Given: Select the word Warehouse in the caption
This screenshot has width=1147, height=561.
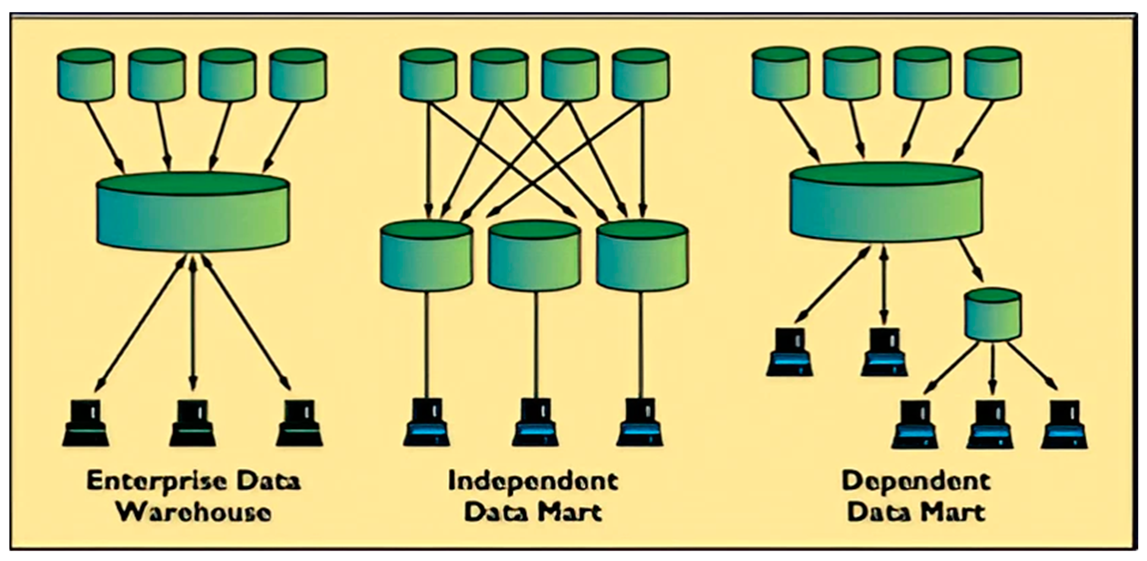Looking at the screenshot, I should (195, 513).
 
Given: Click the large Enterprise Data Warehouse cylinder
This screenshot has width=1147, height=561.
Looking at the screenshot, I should (193, 214).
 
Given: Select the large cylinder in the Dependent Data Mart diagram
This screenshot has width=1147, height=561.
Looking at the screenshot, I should (886, 205).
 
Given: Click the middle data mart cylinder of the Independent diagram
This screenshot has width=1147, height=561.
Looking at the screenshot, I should (535, 257).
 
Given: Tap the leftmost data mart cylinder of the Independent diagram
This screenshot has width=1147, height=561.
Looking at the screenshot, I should (427, 257).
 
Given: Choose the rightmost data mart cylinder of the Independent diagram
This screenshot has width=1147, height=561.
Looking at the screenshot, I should (642, 257).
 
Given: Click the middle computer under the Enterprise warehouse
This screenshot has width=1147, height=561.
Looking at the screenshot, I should (193, 423).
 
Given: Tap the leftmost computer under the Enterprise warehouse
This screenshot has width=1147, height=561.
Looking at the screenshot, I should (86, 423).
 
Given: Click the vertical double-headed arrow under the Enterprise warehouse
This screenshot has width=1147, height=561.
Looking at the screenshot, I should (193, 324).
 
